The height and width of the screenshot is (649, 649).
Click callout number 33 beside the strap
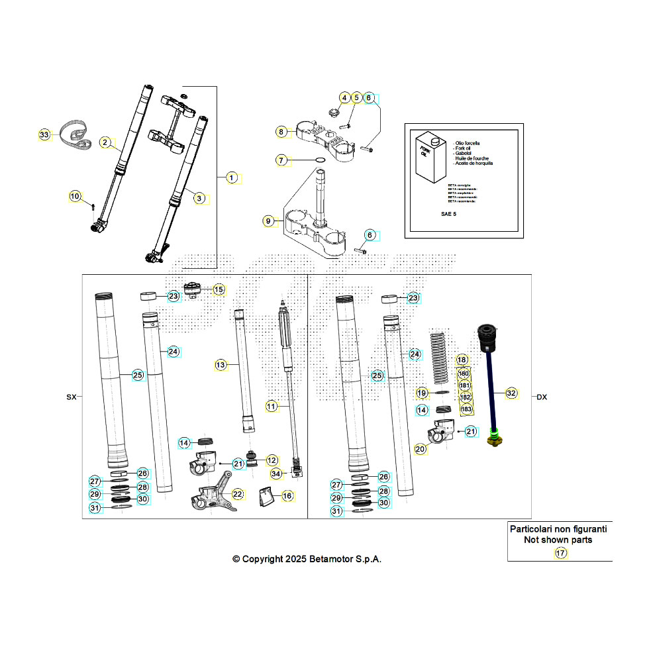tap(44, 135)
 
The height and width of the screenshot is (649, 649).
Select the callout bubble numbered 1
tap(231, 177)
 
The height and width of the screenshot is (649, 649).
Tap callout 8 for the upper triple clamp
tap(281, 132)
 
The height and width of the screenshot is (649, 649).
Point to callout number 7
tap(281, 160)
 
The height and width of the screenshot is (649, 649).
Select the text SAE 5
tap(448, 215)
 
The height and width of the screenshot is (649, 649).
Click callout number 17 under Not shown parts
tap(561, 553)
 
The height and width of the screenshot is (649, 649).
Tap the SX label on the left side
tap(72, 397)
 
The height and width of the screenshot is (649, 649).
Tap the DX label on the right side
tap(541, 397)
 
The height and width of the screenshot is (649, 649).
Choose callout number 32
tap(511, 393)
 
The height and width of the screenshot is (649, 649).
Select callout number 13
tap(221, 365)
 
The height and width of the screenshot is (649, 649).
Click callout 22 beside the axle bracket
tap(237, 493)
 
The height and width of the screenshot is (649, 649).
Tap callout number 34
tap(276, 474)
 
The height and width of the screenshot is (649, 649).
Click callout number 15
tap(219, 289)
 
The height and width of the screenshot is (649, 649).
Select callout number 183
tap(466, 409)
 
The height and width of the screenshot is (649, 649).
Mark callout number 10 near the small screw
tap(75, 196)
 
